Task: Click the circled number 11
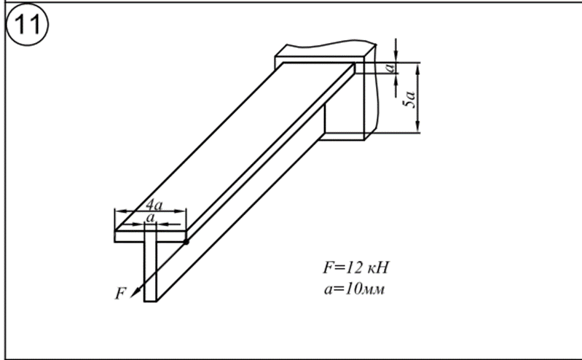(27, 26)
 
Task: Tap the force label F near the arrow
(120, 293)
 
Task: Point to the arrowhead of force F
(134, 293)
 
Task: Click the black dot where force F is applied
(186, 242)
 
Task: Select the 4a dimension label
(154, 205)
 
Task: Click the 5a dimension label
(410, 99)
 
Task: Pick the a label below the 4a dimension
(150, 218)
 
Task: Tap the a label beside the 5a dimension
(390, 68)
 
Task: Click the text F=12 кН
(355, 267)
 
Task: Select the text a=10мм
(354, 289)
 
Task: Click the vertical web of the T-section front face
(150, 272)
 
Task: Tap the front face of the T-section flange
(150, 237)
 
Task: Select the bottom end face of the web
(150, 300)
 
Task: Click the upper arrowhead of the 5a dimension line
(417, 67)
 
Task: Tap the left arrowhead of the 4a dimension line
(119, 211)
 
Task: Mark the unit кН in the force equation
(378, 268)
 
